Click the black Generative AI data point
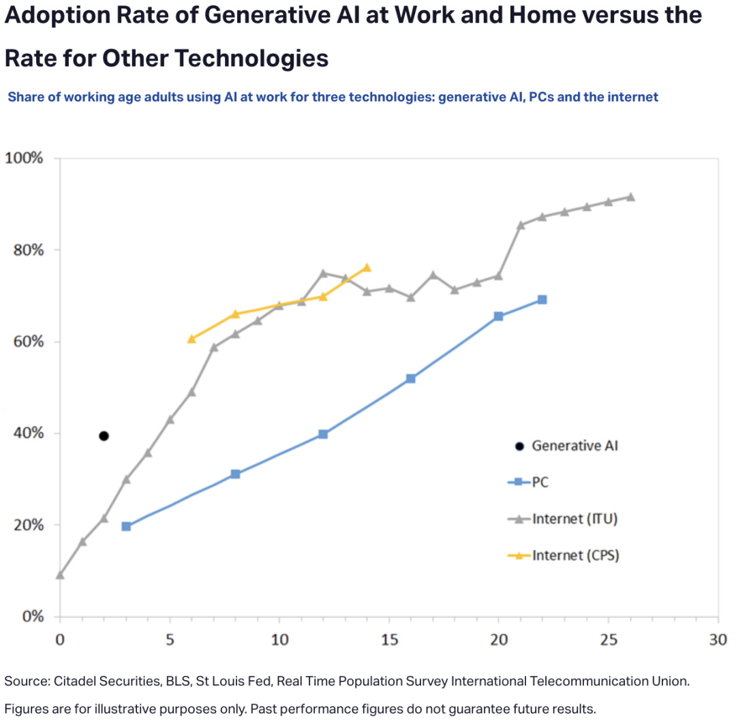[104, 436]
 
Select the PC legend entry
[540, 482]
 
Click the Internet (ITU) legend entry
[574, 519]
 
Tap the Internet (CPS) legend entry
[574, 555]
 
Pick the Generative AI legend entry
[574, 446]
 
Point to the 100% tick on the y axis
[24, 158]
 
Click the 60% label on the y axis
[29, 341]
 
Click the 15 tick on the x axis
[389, 640]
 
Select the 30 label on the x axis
[718, 640]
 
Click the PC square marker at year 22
[542, 300]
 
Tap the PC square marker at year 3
[126, 526]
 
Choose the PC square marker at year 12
[323, 434]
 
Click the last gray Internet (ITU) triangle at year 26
[630, 197]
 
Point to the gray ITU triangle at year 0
[60, 575]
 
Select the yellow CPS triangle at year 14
[367, 268]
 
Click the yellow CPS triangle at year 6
[191, 339]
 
